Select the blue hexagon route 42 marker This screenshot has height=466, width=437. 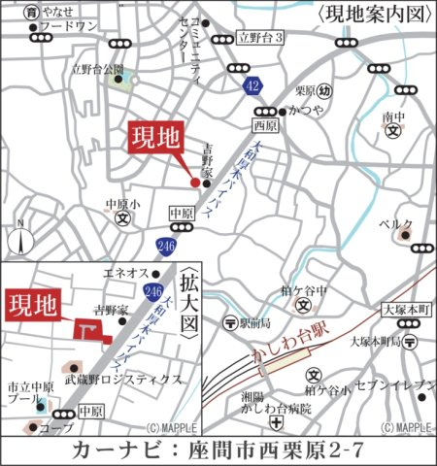253,84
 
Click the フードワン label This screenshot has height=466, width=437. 70,27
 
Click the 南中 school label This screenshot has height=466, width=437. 392,117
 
